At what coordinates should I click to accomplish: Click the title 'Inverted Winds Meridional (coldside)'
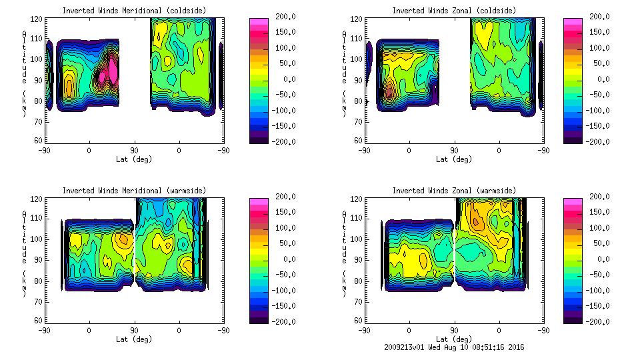point(134,11)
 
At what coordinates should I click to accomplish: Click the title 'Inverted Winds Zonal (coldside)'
point(454,11)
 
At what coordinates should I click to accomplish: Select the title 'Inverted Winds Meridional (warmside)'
point(134,191)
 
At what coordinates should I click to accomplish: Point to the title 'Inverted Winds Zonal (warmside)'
point(454,191)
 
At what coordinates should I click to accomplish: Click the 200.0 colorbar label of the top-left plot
point(286,17)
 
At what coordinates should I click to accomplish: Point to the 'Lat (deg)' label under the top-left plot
point(134,159)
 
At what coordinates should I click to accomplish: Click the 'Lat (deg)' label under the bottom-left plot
point(134,339)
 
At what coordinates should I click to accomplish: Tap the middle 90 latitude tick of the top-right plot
point(454,150)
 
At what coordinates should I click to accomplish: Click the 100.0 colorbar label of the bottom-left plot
point(286,228)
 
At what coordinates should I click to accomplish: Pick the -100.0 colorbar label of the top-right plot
point(600,111)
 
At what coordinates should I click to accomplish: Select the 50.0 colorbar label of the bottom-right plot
point(602,243)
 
